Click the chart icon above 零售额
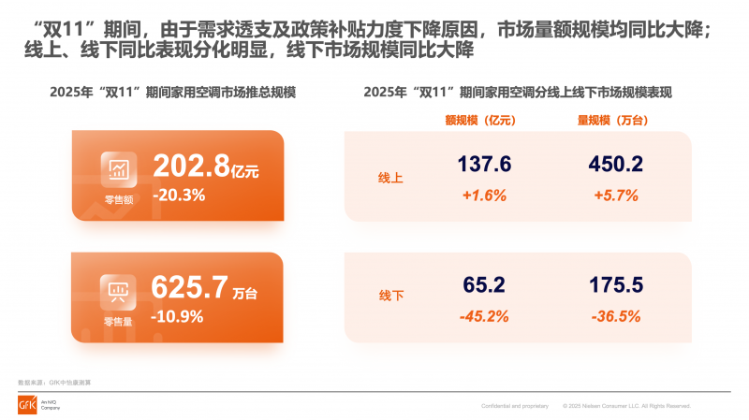119,169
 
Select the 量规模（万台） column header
614,121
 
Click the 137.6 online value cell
484,165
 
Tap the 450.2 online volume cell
615,165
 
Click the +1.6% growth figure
484,196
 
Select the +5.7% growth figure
615,196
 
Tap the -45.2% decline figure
484,316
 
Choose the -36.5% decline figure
615,316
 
